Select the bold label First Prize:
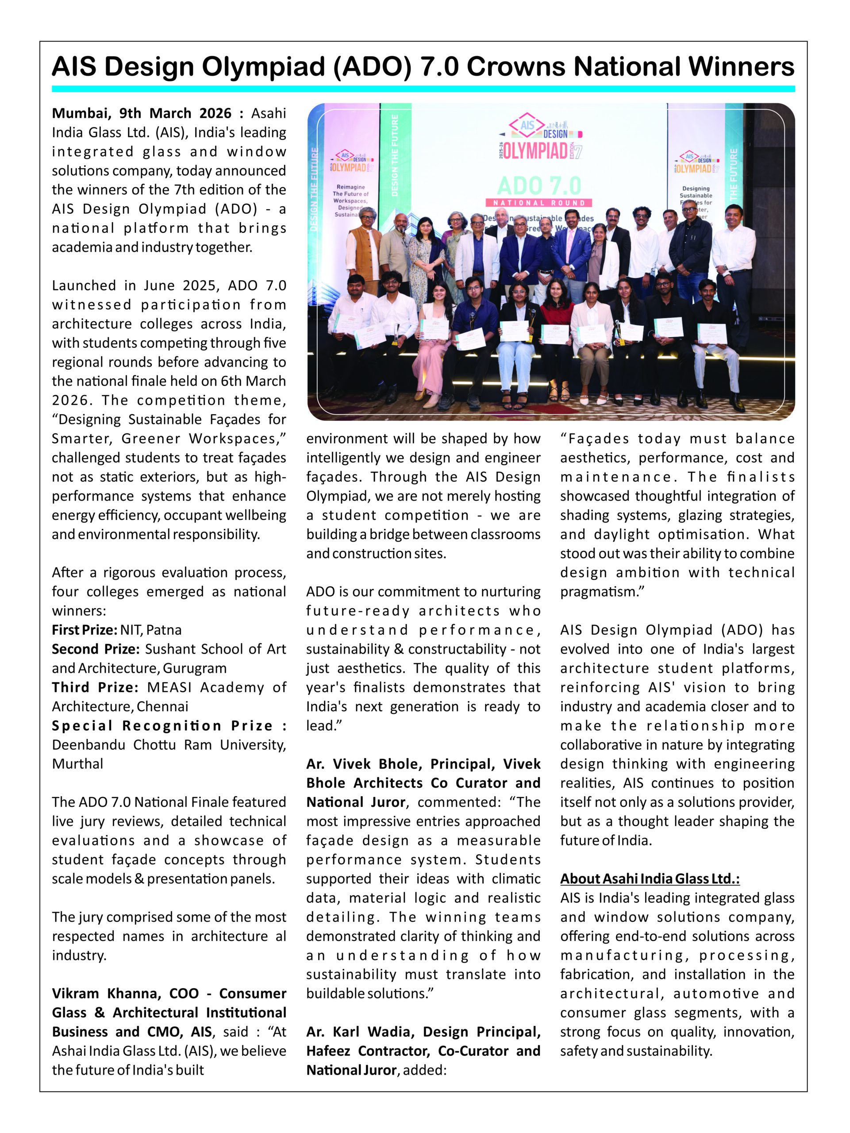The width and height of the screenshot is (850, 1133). point(85,630)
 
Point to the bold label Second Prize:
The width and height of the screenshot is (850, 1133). point(95,649)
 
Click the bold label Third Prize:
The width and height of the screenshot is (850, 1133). point(95,687)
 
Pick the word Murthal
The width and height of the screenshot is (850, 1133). point(77,764)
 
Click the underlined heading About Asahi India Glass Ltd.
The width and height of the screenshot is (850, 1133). point(649,879)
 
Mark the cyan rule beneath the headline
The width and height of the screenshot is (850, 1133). point(423,89)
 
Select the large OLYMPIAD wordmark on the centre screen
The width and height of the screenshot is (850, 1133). point(535,151)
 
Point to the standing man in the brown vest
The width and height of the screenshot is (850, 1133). point(364,251)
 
